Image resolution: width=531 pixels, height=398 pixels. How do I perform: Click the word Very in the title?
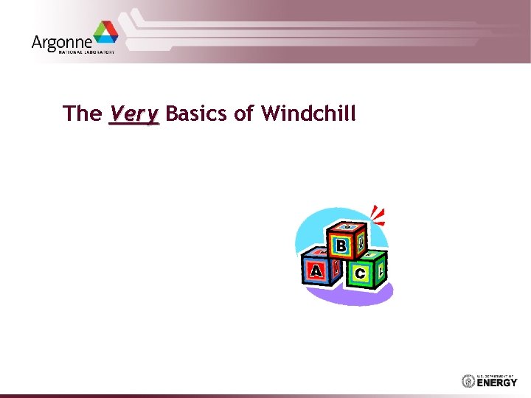[133, 114]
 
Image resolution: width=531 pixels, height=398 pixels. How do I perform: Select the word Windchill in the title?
[309, 114]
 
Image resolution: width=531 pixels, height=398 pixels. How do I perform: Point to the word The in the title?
[83, 114]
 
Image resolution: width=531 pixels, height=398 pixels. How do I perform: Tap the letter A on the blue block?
[316, 271]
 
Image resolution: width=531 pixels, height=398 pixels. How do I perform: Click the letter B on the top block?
[341, 245]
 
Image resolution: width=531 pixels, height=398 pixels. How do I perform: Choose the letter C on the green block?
[360, 273]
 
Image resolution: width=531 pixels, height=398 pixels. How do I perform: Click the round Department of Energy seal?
[468, 381]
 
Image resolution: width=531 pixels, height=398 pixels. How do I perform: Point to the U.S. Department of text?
[497, 375]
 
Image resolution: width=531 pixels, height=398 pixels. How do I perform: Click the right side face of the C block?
[381, 270]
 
